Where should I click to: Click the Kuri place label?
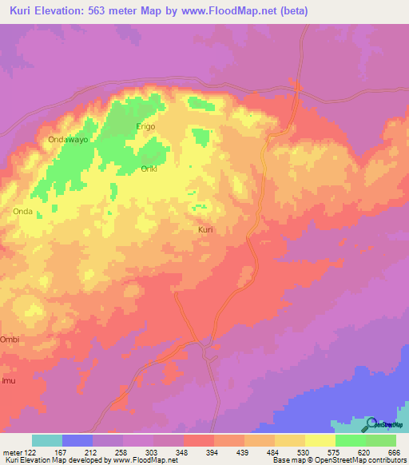205,229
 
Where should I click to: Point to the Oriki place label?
149,169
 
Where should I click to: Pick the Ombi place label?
9,339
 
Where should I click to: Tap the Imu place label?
7,381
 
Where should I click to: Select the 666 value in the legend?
392,451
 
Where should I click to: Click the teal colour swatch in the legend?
47,440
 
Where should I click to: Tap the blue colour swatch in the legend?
77,440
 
